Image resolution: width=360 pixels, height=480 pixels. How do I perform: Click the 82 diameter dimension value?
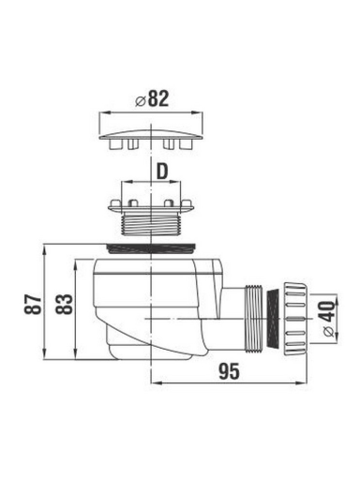pos(158,98)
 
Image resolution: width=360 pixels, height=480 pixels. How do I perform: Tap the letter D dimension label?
pos(162,172)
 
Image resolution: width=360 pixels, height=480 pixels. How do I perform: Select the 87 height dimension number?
pos(33,304)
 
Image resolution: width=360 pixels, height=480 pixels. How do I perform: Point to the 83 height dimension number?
pos(64,304)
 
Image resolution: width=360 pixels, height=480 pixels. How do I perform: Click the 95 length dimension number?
pos(229,371)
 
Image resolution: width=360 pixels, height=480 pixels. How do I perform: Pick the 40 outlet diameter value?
pos(327,311)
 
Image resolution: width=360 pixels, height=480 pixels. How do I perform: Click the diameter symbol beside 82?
pos(141,101)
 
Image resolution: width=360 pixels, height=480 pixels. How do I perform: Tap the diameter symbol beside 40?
pos(328,332)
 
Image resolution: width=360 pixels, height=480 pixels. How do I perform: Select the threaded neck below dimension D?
pos(151,222)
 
